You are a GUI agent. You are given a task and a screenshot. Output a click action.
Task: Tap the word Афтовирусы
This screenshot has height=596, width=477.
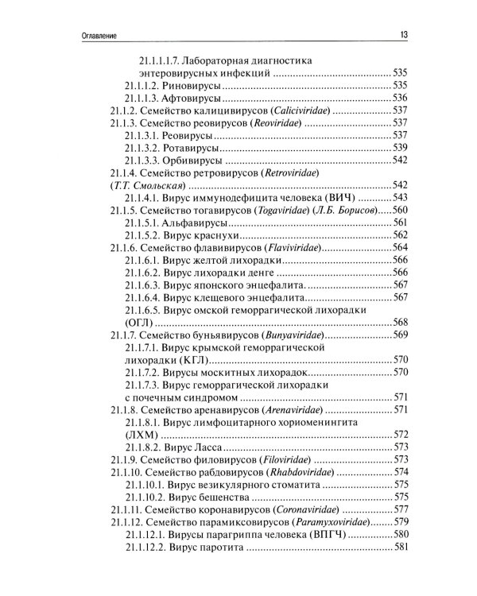click(197, 98)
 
